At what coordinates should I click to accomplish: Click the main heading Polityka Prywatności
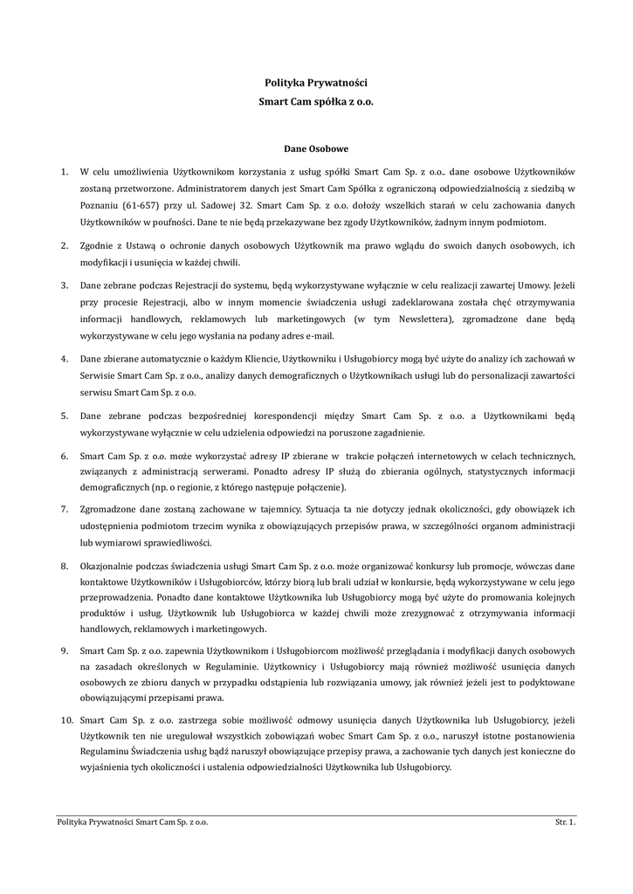click(x=316, y=83)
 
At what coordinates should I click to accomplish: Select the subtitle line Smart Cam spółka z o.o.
click(x=316, y=101)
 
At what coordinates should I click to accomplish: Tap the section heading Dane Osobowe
click(x=316, y=148)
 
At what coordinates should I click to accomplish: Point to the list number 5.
click(x=64, y=417)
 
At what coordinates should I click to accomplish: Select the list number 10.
click(x=65, y=719)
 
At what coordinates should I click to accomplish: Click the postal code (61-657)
click(x=141, y=204)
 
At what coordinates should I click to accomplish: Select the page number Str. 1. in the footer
click(x=566, y=822)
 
